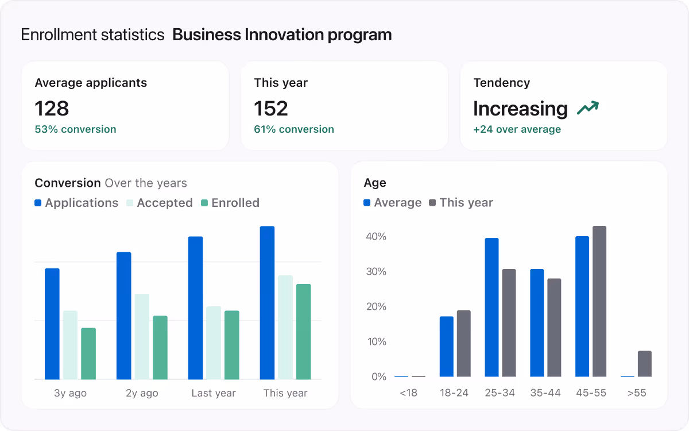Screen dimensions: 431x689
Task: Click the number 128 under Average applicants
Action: pos(52,109)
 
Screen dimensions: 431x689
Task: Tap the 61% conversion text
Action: pos(294,129)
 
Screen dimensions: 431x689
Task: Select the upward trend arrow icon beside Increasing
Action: pos(588,107)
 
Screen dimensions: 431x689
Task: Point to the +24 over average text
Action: pos(517,129)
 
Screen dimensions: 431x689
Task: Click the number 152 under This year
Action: pos(271,109)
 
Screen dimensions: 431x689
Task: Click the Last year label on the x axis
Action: pos(214,394)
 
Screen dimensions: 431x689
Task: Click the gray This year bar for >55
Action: pos(644,364)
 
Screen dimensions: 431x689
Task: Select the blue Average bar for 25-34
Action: pos(491,307)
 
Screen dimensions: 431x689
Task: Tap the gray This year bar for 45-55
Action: pos(599,301)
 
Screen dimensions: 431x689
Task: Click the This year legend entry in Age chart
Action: pos(461,203)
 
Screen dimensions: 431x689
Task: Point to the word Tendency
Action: pos(501,83)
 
